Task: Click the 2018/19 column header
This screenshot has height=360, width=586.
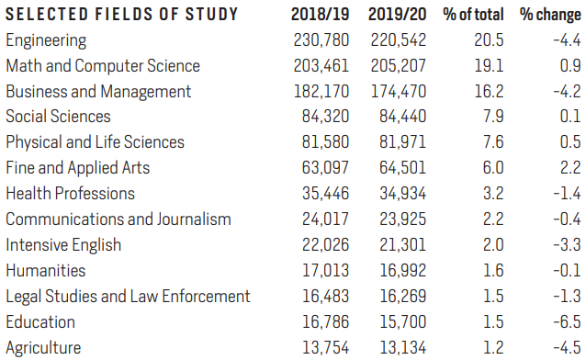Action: click(320, 15)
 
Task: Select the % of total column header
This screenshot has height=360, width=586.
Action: click(473, 15)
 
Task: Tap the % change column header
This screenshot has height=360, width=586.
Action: click(550, 15)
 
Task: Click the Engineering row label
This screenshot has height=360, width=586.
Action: click(46, 40)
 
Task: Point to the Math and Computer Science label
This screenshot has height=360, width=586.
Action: click(103, 66)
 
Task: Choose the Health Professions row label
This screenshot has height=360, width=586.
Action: click(70, 194)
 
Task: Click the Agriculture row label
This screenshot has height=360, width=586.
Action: click(43, 348)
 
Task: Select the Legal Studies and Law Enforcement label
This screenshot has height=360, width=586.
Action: click(128, 297)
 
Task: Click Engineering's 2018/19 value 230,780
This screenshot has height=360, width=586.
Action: click(321, 40)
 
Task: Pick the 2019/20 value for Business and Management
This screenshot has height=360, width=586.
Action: click(399, 92)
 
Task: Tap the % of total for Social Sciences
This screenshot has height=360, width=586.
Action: click(493, 117)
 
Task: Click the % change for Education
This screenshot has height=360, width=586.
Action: click(568, 322)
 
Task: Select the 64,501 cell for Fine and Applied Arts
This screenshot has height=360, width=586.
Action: click(403, 168)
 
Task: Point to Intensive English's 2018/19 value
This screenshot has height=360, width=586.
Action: click(325, 245)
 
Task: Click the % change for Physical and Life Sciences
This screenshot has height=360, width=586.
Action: click(570, 142)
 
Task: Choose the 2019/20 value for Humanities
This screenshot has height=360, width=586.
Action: click(403, 271)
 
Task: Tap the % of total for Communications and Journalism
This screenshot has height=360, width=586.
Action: click(493, 219)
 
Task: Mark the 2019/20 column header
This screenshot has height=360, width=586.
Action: click(398, 15)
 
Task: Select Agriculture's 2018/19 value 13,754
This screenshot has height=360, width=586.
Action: click(325, 348)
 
